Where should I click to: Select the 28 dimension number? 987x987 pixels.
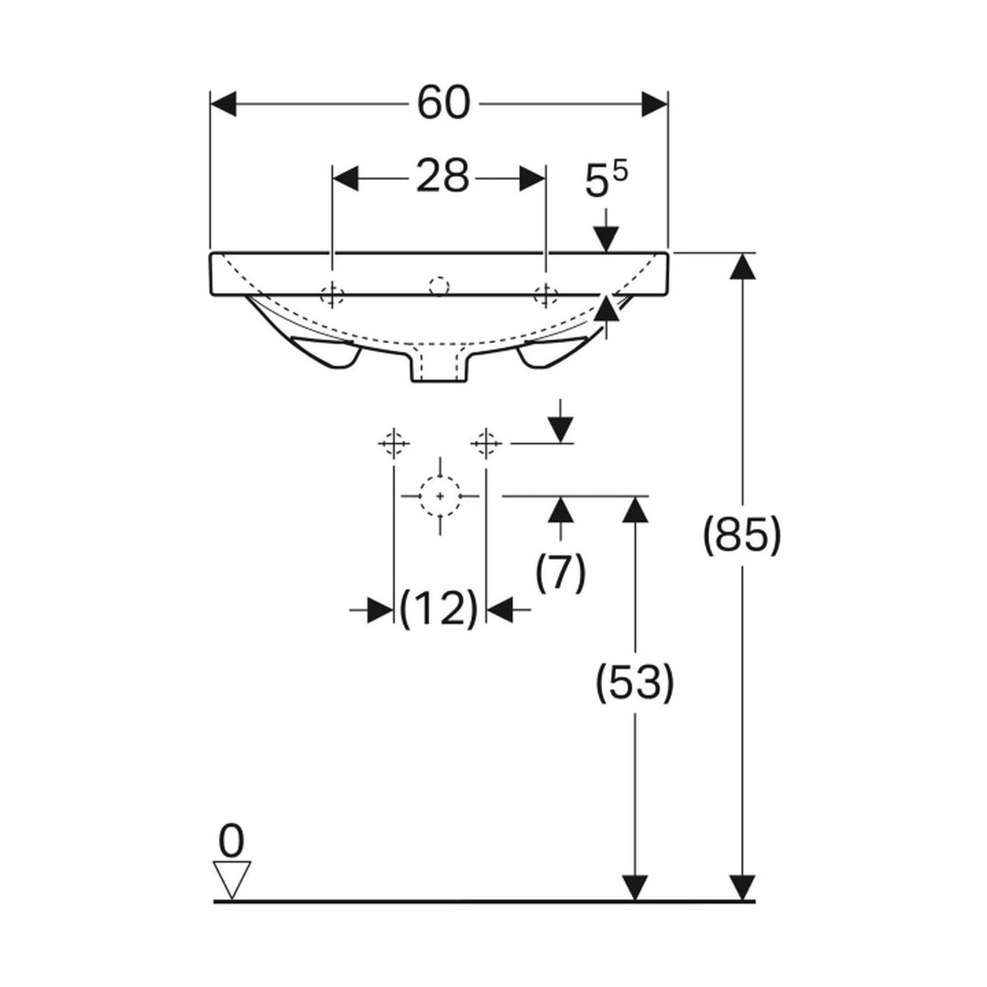tap(442, 176)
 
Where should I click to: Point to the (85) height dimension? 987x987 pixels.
tap(741, 536)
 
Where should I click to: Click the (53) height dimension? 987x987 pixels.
tap(634, 683)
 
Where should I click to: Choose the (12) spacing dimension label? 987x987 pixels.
tap(438, 609)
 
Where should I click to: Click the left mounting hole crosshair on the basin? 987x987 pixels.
tap(331, 294)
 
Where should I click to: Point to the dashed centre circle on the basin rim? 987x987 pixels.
tap(438, 286)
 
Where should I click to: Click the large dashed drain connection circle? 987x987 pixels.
tap(441, 496)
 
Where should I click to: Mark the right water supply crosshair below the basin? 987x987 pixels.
tap(487, 443)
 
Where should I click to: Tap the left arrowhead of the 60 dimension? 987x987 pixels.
tap(225, 104)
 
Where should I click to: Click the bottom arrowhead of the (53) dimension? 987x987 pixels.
tap(633, 887)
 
